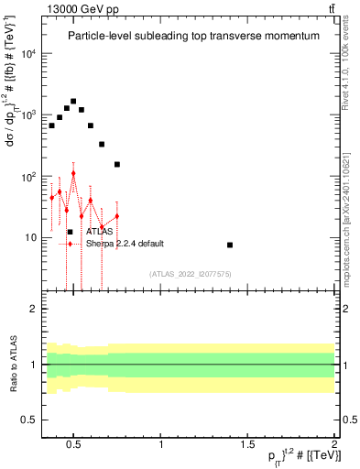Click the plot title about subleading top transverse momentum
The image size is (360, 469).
(x=193, y=36)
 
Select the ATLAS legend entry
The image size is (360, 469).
(x=100, y=233)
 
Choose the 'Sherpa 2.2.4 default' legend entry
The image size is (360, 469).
(x=125, y=244)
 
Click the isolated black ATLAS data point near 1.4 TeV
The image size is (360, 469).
(x=230, y=245)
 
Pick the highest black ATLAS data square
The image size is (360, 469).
(x=73, y=101)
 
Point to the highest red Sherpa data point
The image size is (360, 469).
(x=73, y=173)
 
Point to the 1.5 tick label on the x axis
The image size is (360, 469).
(x=248, y=444)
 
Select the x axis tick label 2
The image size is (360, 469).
(x=334, y=444)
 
